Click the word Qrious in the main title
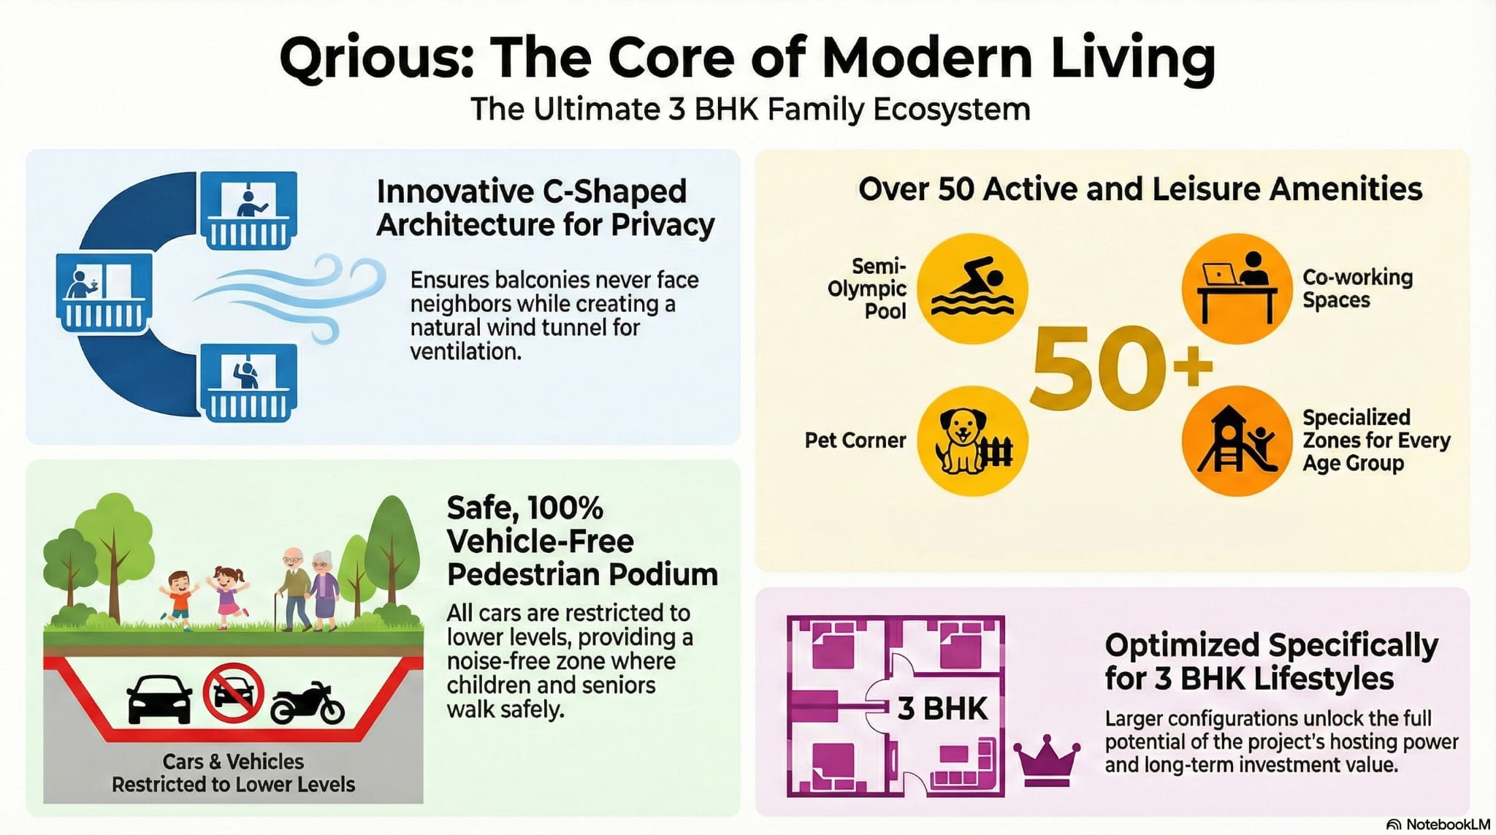point(376,58)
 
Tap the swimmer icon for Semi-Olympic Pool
point(972,289)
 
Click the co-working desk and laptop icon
point(1237,289)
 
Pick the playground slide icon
point(1237,441)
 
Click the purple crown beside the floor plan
point(1046,760)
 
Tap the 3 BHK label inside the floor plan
point(942,709)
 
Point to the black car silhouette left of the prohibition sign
point(159,698)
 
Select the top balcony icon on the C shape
point(248,210)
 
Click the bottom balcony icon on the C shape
point(248,382)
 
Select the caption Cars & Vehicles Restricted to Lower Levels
point(233,773)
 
